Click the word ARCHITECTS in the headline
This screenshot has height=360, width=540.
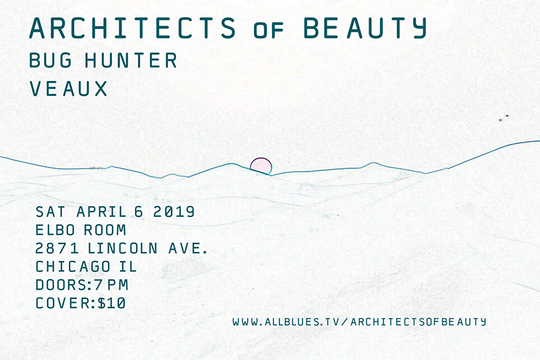[x=132, y=28]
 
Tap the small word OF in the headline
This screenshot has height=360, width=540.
[x=268, y=30]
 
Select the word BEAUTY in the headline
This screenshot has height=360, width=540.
[x=365, y=28]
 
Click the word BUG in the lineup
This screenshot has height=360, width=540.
[x=51, y=60]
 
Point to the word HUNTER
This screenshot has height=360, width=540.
[x=131, y=60]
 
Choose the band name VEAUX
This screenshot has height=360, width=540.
[x=68, y=88]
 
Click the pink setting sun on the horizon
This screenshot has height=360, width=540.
[x=261, y=166]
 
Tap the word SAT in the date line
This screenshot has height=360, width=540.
[x=50, y=212]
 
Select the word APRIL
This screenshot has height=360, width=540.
[x=102, y=212]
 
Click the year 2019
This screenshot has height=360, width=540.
[x=174, y=212]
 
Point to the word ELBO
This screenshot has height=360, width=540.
[x=55, y=230]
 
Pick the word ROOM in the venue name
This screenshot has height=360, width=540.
[x=105, y=230]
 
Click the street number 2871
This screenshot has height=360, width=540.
[x=57, y=249]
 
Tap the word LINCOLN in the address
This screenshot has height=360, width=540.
[x=123, y=249]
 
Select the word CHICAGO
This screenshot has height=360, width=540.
[x=73, y=267]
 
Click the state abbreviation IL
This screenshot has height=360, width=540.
[x=128, y=267]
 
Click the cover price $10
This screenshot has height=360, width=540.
[x=111, y=303]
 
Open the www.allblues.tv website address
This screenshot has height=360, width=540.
[x=359, y=322]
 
